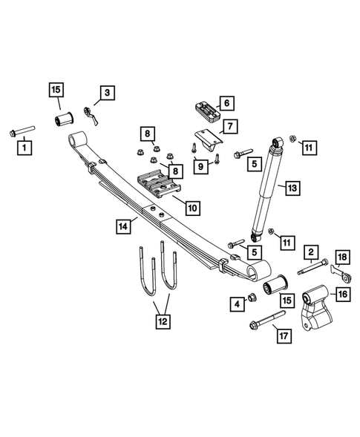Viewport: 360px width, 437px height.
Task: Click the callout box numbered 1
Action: [25, 148]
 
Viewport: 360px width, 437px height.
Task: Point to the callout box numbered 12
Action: [161, 321]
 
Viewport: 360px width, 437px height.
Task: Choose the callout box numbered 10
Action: [192, 209]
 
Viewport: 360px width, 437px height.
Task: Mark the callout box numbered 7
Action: [229, 127]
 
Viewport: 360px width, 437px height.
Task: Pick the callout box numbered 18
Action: [341, 257]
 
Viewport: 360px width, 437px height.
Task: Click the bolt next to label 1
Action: [22, 133]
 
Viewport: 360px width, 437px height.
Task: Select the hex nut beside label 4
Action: [251, 298]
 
